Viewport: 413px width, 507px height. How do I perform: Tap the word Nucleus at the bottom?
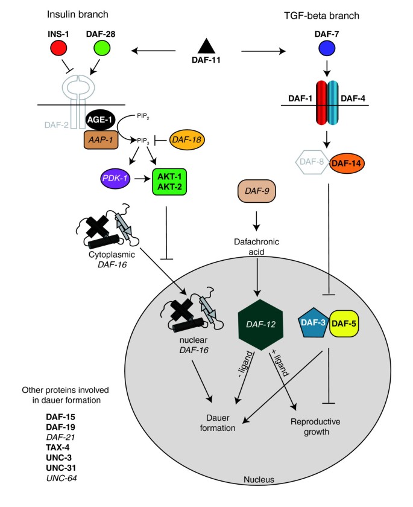(x=259, y=480)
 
